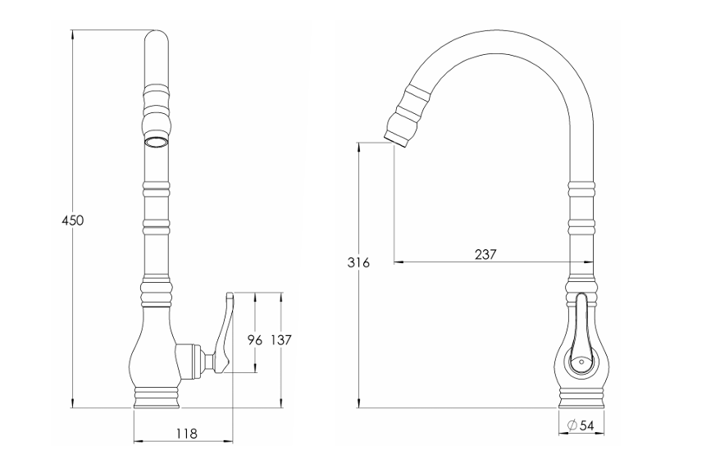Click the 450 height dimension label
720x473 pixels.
pyautogui.click(x=74, y=221)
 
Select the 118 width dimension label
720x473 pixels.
pyautogui.click(x=186, y=433)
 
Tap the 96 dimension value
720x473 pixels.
pyautogui.click(x=255, y=340)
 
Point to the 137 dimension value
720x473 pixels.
pyautogui.click(x=281, y=340)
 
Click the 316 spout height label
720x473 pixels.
pyautogui.click(x=358, y=262)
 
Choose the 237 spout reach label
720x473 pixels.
pyautogui.click(x=485, y=254)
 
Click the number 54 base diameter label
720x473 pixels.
pyautogui.click(x=586, y=425)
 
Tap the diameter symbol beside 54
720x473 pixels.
pyautogui.click(x=572, y=425)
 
